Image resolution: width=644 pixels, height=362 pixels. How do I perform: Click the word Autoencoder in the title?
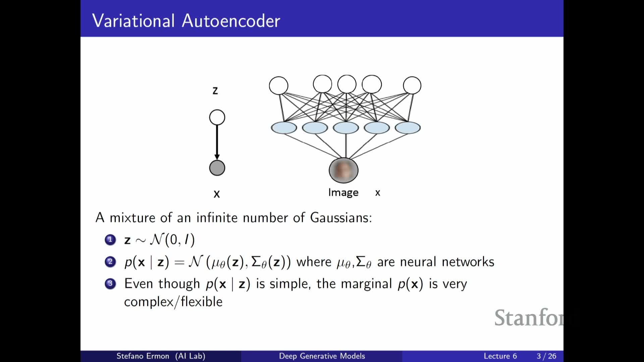(231, 21)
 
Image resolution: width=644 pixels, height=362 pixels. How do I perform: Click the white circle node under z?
(217, 117)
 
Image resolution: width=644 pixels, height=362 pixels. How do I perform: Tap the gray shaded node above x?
(217, 168)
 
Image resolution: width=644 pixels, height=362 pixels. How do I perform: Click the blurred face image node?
(343, 170)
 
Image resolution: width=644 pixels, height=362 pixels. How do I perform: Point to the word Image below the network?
(343, 193)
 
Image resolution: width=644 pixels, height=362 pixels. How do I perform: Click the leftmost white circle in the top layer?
(278, 85)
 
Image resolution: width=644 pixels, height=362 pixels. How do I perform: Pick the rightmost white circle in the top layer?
(412, 85)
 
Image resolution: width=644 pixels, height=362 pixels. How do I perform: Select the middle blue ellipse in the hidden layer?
(346, 128)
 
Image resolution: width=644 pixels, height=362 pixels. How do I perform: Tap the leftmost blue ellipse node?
(284, 128)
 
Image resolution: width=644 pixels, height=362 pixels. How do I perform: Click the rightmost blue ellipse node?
(408, 128)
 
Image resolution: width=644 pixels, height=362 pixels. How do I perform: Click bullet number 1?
(110, 240)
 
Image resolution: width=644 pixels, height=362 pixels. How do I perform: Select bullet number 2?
(110, 261)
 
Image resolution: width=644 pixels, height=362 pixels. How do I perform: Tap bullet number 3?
(110, 284)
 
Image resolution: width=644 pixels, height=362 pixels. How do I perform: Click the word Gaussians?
(341, 218)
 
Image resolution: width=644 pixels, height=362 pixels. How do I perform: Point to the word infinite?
(218, 218)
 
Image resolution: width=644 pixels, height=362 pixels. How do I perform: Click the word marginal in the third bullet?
(366, 284)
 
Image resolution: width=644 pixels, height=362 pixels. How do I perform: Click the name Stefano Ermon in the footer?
(143, 356)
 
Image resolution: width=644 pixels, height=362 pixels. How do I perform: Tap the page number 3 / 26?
(546, 356)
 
